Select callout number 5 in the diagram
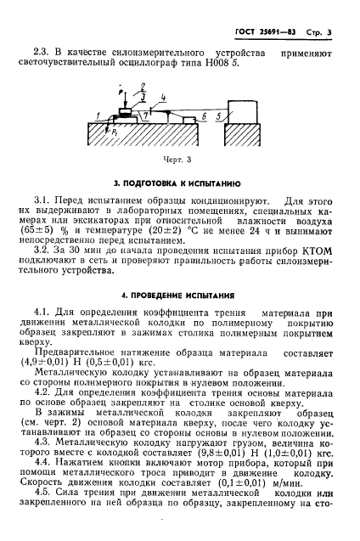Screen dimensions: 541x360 (x=220, y=115)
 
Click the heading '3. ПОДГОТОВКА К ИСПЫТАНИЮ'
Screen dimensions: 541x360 (x=180, y=183)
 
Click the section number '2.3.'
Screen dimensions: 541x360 (x=53, y=54)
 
